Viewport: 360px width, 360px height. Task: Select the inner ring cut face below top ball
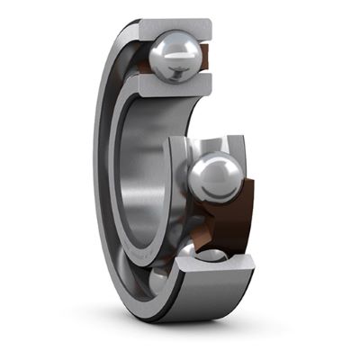tap(172, 85)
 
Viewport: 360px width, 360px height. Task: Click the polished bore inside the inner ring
tap(148, 171)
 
